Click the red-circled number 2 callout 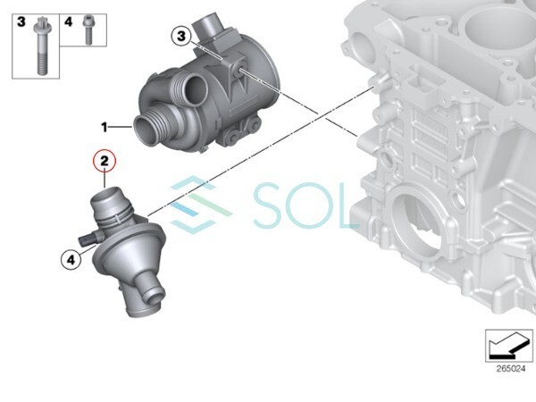point(105,161)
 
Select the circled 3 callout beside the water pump point(181,36)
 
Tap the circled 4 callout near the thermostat point(71,260)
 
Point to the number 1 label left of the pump point(105,128)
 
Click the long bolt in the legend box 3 point(41,46)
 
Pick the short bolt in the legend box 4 point(88,30)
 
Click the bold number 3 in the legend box point(21,21)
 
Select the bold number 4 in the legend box point(69,21)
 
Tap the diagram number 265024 point(511,369)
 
